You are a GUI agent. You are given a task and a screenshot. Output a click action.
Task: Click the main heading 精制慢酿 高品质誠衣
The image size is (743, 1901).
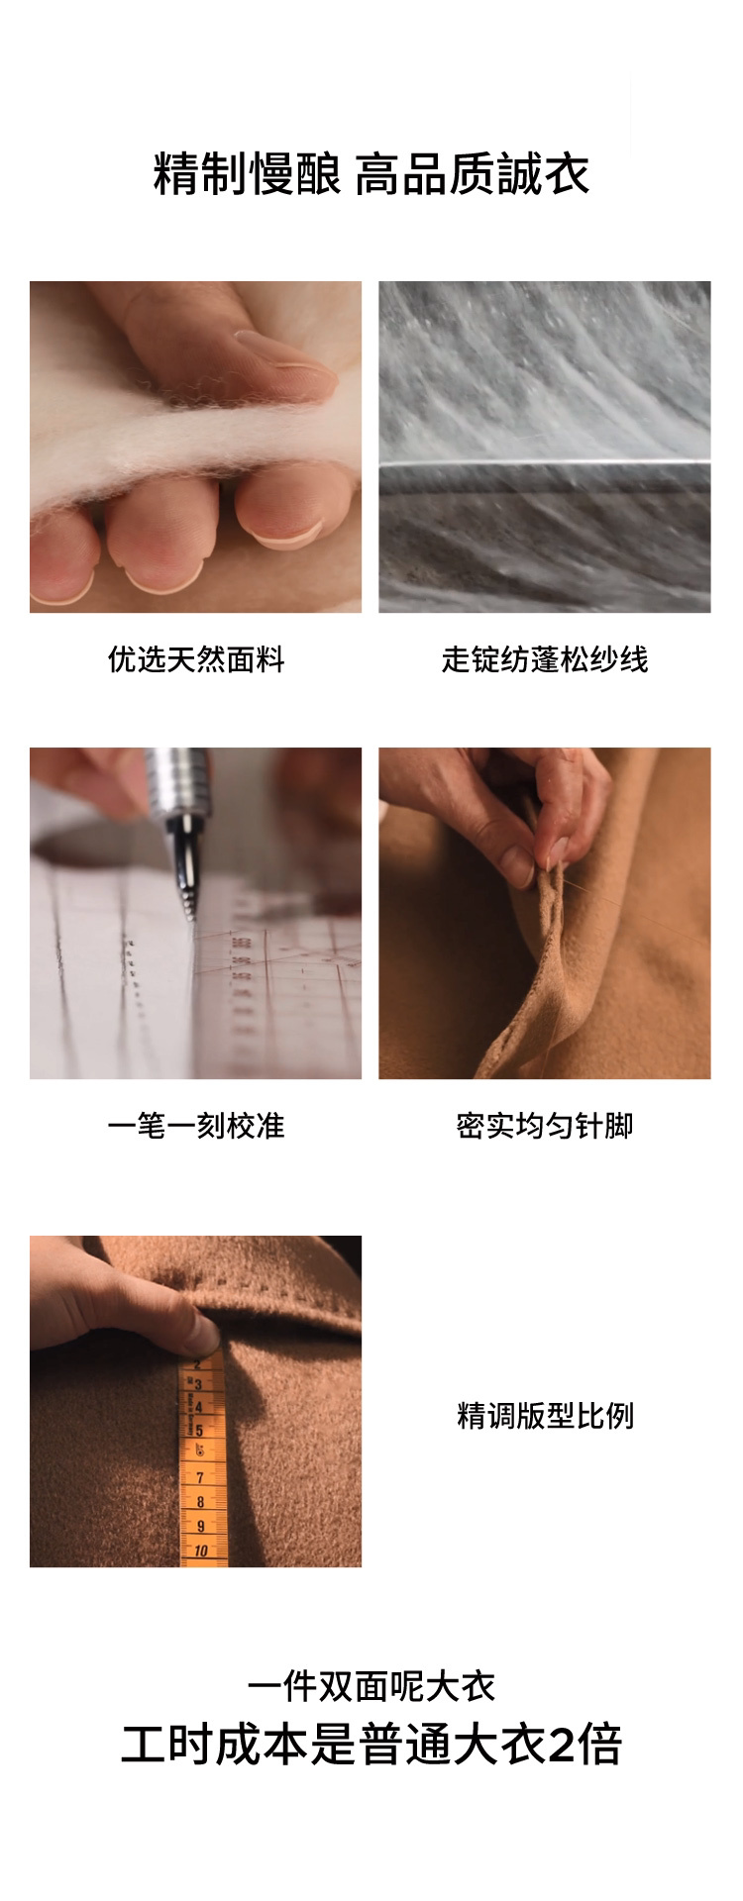point(371,174)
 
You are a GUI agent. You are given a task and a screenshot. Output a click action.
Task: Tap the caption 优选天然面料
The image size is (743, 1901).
point(196,659)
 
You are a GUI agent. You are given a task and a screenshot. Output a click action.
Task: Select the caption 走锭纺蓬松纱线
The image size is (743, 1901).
point(545,659)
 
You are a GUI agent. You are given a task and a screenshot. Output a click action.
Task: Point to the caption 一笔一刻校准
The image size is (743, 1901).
point(196,1126)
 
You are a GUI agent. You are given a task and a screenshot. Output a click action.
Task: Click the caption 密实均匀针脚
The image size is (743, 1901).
point(545,1126)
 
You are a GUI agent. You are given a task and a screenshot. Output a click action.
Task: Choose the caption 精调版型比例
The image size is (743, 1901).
point(545,1416)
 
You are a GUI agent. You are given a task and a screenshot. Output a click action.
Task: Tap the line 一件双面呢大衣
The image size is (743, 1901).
point(371,1686)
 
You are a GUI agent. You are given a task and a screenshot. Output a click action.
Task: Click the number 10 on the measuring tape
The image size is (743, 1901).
point(200,1551)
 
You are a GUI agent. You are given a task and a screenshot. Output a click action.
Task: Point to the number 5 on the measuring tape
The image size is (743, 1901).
point(198,1430)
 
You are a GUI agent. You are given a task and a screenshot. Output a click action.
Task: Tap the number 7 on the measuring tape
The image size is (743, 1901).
point(199,1477)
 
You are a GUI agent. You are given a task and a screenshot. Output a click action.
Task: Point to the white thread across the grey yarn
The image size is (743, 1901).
point(545,462)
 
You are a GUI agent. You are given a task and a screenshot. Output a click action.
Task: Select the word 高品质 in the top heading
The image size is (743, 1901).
point(428,174)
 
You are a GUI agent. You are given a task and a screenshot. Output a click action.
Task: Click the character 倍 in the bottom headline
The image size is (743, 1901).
point(600,1746)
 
